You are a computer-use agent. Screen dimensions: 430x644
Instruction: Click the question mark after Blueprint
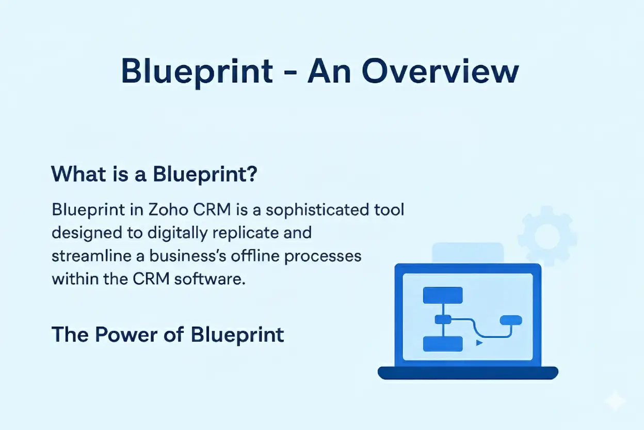[251, 174]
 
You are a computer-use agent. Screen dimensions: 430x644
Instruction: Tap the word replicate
[247, 233]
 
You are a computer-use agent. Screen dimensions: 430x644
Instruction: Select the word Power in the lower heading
[122, 334]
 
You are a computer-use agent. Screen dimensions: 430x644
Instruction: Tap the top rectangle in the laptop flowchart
[442, 295]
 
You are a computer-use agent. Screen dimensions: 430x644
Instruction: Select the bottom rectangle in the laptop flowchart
[442, 344]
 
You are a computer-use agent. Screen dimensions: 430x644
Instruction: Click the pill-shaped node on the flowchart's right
[511, 320]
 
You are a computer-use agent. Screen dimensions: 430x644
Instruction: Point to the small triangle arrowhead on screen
[479, 342]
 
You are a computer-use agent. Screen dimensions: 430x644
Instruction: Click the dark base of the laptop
[468, 373]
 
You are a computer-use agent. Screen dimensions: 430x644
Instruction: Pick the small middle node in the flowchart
[443, 319]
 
